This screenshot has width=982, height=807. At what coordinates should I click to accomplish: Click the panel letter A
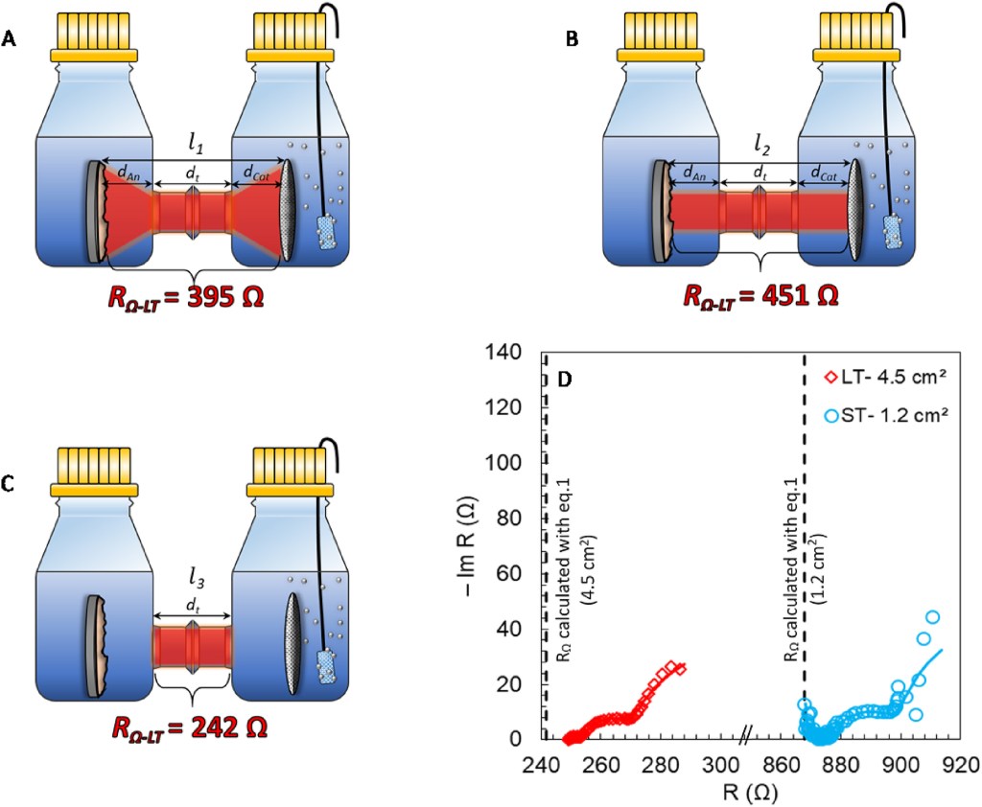point(10,39)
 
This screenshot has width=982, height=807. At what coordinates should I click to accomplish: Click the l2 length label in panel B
point(760,146)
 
